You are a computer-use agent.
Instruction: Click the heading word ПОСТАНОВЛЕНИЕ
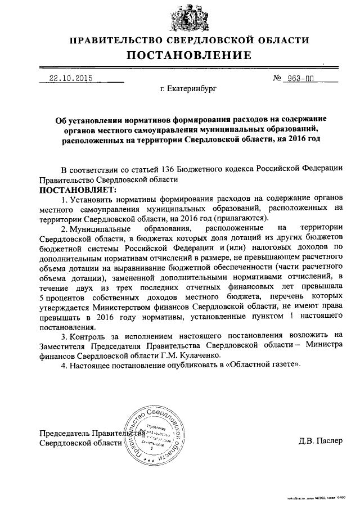[188, 55]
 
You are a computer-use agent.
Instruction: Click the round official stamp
[157, 436]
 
